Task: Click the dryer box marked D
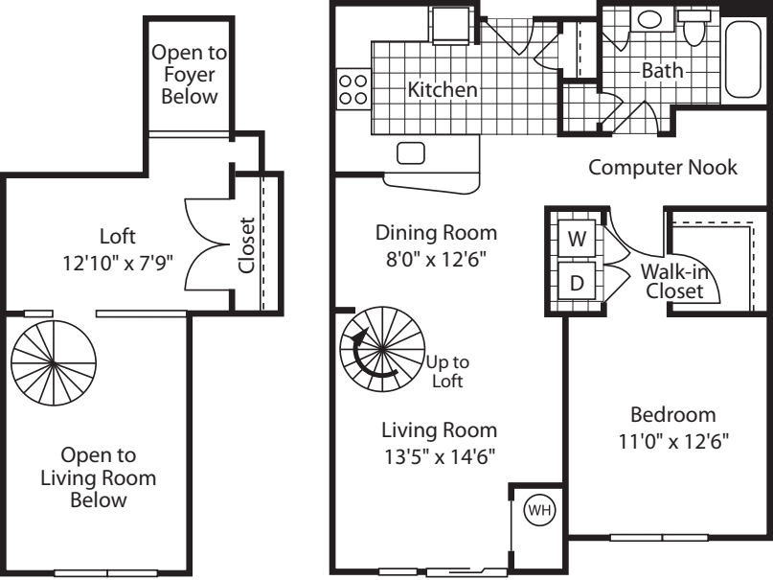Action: pos(577,283)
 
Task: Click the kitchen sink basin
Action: pos(411,152)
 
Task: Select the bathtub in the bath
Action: pos(746,59)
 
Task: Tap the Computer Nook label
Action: pos(662,168)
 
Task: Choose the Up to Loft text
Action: pos(446,371)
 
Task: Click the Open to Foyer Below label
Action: pos(189,75)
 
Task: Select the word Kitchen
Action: pos(443,90)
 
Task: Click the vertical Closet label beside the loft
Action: pos(248,245)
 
